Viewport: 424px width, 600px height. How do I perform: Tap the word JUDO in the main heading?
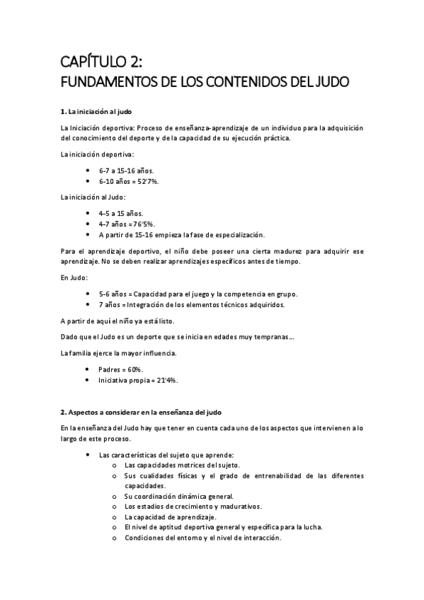(x=329, y=82)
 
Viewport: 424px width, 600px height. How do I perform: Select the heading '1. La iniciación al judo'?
(x=96, y=112)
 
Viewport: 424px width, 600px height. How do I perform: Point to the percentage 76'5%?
(x=142, y=224)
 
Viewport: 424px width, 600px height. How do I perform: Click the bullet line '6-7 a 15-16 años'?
(x=127, y=171)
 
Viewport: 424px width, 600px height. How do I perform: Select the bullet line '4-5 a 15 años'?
(x=121, y=213)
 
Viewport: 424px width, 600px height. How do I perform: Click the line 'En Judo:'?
(x=74, y=278)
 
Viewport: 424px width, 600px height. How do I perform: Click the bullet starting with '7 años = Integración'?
(x=191, y=304)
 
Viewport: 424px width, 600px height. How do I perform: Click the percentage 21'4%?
(x=166, y=380)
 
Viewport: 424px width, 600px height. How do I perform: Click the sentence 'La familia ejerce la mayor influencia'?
(x=119, y=353)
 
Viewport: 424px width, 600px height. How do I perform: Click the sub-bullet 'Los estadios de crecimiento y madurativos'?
(x=193, y=507)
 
